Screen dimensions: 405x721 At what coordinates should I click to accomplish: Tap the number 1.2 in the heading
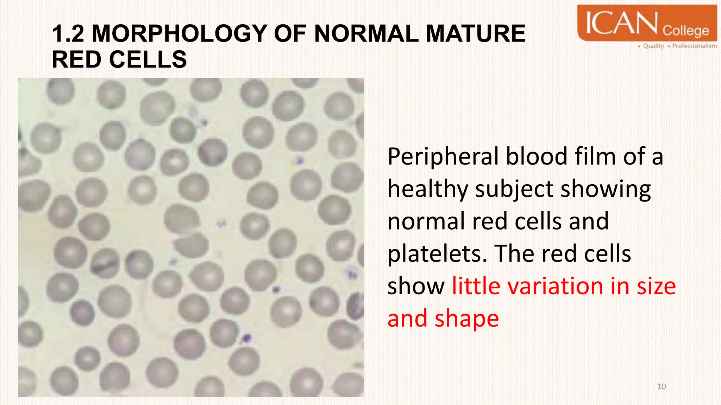pos(68,34)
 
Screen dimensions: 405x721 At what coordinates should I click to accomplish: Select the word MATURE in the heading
pos(476,34)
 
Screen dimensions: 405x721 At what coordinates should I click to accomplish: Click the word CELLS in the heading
pos(148,59)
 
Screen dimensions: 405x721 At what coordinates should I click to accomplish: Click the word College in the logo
pos(686,31)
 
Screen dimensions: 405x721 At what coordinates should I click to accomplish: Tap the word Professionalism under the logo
pos(694,46)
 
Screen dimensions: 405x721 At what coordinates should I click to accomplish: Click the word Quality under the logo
pos(653,46)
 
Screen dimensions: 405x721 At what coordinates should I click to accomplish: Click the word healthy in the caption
pos(427,189)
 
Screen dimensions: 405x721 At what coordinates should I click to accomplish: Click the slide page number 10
pos(661,387)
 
